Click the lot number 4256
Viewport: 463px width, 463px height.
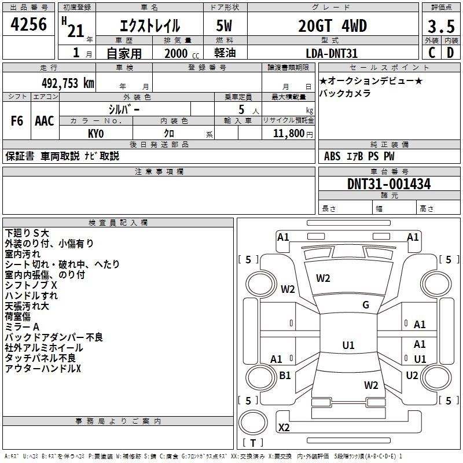pyautogui.click(x=28, y=24)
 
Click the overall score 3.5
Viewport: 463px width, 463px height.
pyautogui.click(x=441, y=27)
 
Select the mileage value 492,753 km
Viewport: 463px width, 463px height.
pyautogui.click(x=68, y=83)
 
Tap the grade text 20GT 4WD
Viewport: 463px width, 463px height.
pyautogui.click(x=332, y=25)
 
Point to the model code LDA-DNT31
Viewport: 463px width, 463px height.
pyautogui.click(x=332, y=53)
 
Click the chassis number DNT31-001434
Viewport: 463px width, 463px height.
pyautogui.click(x=389, y=184)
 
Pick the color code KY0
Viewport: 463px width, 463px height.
pyautogui.click(x=95, y=134)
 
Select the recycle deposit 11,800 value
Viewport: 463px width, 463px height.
pyautogui.click(x=289, y=134)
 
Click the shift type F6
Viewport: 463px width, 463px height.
pyautogui.click(x=17, y=121)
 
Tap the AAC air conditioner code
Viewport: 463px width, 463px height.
pyautogui.click(x=45, y=121)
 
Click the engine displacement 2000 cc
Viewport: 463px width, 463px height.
pyautogui.click(x=182, y=53)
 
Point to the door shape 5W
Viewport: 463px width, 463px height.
pyautogui.click(x=224, y=25)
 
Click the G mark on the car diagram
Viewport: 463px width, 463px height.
pyautogui.click(x=366, y=305)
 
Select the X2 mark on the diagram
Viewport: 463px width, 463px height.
pyautogui.click(x=284, y=427)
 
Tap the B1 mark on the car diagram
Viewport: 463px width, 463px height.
pyautogui.click(x=285, y=375)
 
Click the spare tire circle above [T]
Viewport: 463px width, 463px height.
pyautogui.click(x=253, y=422)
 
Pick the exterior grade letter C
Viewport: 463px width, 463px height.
pyautogui.click(x=432, y=53)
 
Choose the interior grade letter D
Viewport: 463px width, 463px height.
pyautogui.click(x=450, y=53)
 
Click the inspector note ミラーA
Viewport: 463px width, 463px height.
pyautogui.click(x=22, y=327)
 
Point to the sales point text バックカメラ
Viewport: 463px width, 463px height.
pyautogui.click(x=345, y=93)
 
